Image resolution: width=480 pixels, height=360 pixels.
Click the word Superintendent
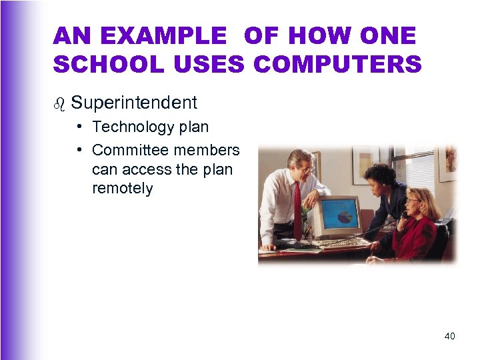[x=134, y=103]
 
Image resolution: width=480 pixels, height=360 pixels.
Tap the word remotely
[x=123, y=188]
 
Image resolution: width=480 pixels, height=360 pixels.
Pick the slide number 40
[x=449, y=336]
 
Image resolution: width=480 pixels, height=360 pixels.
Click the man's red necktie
[x=297, y=207]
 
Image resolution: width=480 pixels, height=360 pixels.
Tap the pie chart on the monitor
[x=344, y=217]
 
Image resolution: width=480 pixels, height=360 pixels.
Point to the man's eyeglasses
[x=305, y=169]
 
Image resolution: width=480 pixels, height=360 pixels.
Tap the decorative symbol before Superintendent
[x=59, y=104]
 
